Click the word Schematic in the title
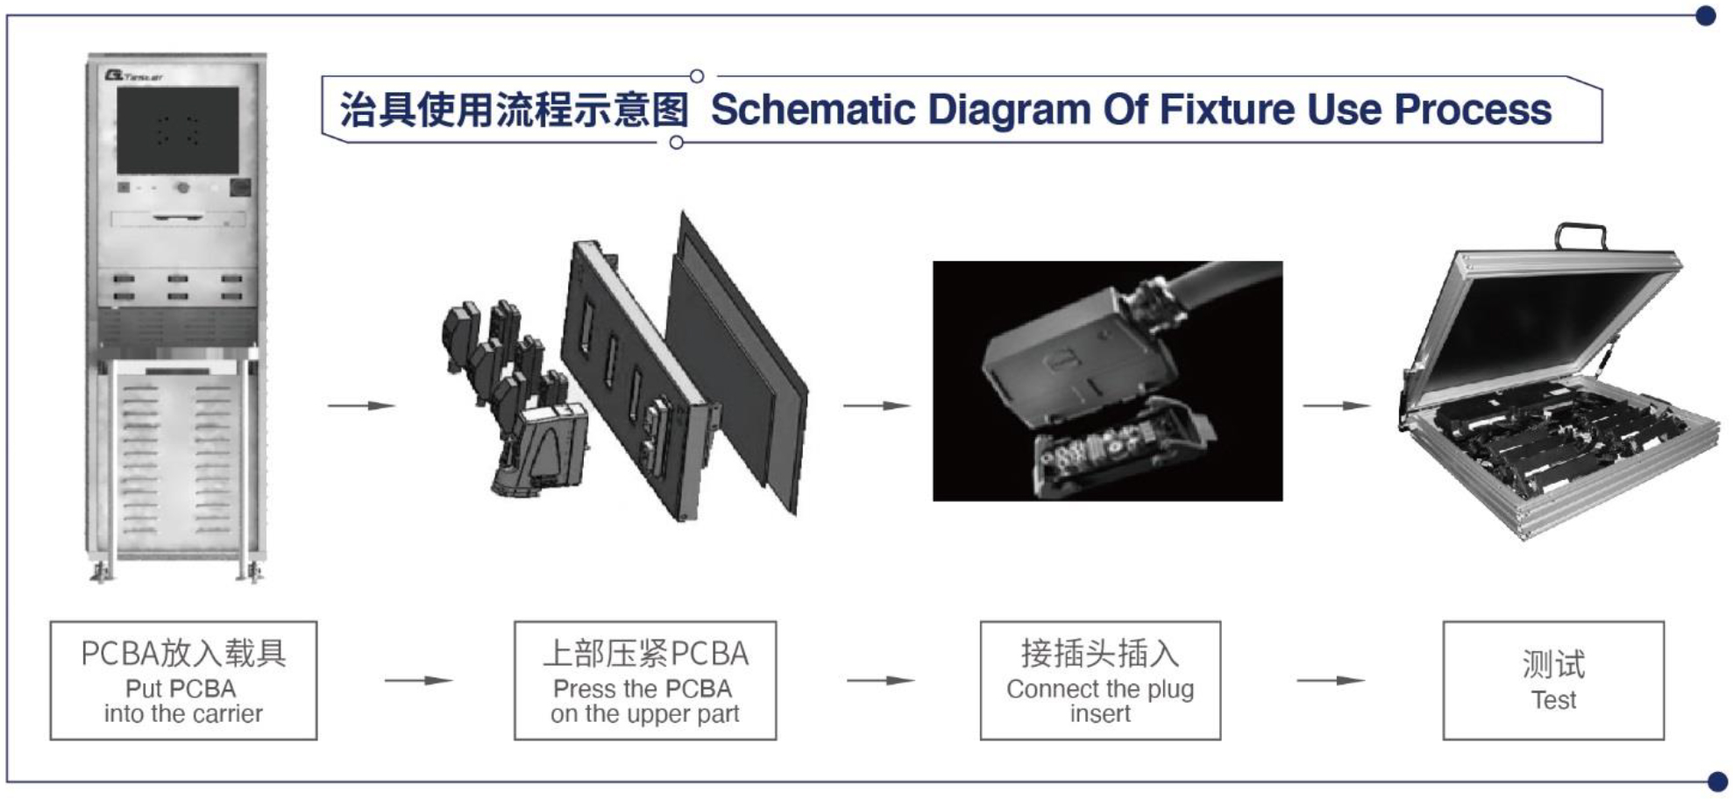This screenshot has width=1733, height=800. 812,110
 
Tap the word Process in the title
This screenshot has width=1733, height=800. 1472,110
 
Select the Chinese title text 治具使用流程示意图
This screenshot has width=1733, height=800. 514,110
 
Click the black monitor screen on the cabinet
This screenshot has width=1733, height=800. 178,131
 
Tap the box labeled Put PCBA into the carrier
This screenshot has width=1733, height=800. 183,680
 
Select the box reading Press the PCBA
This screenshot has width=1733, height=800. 644,680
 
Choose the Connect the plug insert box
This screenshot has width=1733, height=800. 1099,680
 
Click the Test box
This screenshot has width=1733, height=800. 1552,680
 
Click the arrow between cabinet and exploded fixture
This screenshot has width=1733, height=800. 361,406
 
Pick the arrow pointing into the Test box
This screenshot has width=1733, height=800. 1330,681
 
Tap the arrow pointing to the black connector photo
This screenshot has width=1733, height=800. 877,406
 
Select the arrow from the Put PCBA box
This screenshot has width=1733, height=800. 417,681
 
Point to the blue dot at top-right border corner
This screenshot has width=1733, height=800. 1705,16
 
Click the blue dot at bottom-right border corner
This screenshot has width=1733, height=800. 1717,781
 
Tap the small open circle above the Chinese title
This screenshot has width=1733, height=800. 696,76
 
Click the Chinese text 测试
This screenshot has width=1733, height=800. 1552,664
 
